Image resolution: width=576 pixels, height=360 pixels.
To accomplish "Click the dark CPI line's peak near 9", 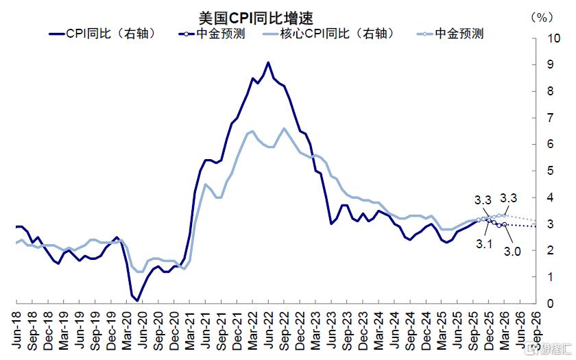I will tap(268, 62).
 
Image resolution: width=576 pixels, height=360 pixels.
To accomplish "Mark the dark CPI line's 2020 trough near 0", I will tap(137, 300).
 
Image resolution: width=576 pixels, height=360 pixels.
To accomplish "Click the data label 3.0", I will tap(512, 252).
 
